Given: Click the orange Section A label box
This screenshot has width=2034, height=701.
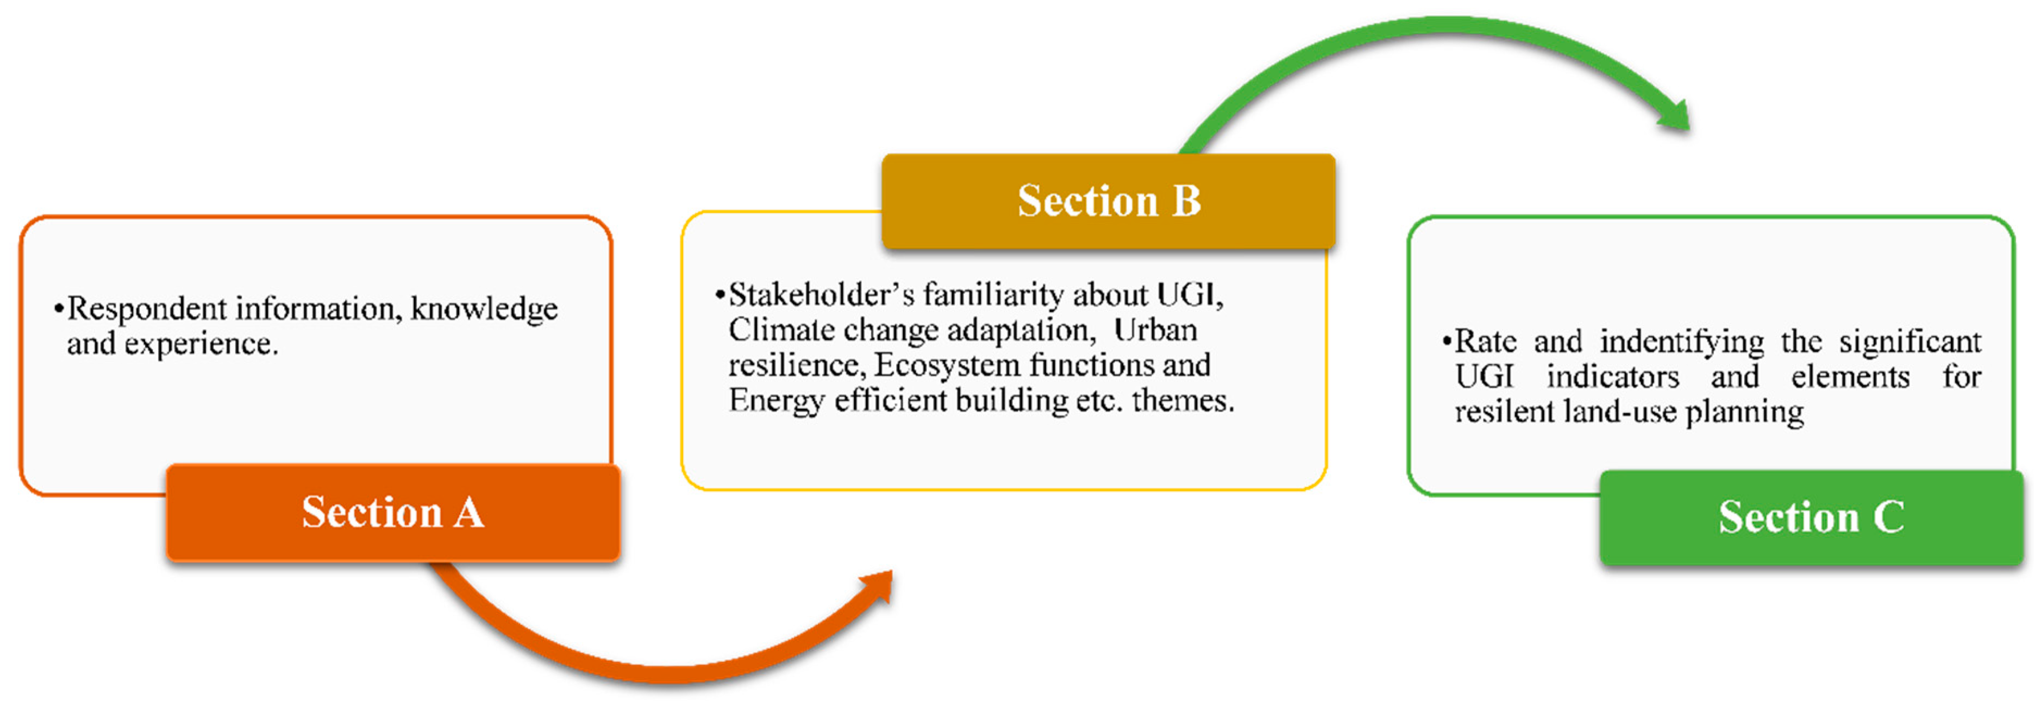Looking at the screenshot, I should click(x=392, y=513).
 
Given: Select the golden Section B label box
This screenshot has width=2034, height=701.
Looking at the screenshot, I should click(x=1109, y=201).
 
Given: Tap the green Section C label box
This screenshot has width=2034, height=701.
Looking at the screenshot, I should click(x=1811, y=518).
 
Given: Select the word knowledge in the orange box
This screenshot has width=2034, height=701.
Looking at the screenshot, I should click(x=484, y=308).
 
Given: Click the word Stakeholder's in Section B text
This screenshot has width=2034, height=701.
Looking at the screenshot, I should click(x=821, y=295).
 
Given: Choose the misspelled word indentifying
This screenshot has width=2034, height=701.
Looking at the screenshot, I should click(x=1682, y=342).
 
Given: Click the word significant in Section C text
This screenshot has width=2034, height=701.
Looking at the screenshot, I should click(x=1910, y=342).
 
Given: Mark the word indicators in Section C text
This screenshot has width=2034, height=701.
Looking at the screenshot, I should click(x=1612, y=376).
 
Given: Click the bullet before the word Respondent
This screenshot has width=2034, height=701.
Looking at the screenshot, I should click(x=59, y=308).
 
